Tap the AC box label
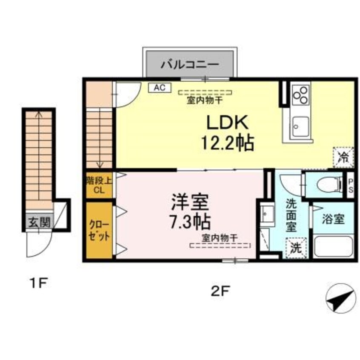159,88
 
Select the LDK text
227,124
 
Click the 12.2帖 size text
227,144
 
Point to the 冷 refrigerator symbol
343,156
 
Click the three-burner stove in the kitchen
301,94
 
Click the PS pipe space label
350,186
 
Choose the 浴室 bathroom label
333,220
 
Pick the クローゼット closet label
100,230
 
